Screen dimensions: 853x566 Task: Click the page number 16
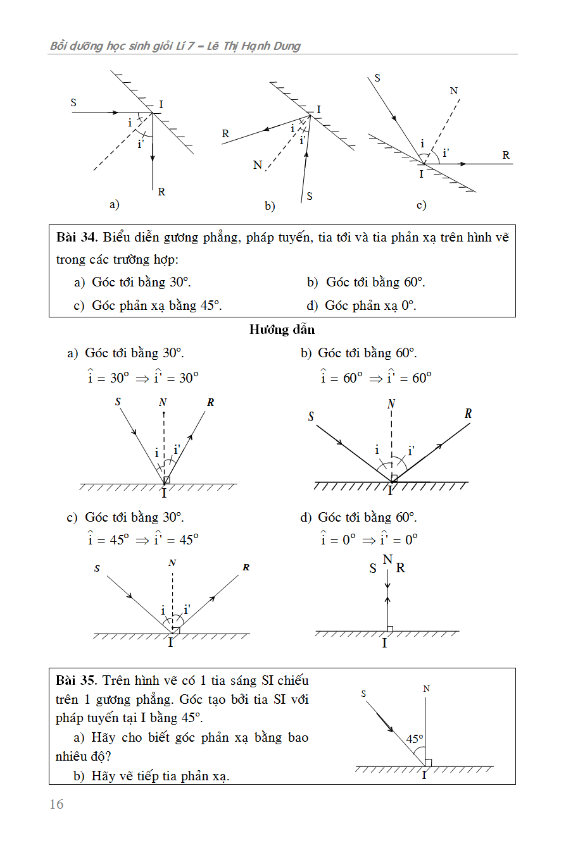click(x=56, y=804)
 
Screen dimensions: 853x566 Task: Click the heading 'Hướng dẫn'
click(x=282, y=329)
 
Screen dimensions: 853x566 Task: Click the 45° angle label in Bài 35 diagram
click(x=415, y=739)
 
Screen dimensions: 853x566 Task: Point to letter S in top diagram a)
click(x=74, y=102)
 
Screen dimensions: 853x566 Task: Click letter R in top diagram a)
click(x=161, y=192)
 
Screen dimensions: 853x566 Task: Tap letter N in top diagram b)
click(x=257, y=165)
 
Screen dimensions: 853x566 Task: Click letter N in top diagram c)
click(x=454, y=91)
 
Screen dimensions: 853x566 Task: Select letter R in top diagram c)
click(x=506, y=155)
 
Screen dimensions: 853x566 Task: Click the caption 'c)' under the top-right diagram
click(x=421, y=204)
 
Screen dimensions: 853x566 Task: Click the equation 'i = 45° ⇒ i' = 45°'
click(x=143, y=539)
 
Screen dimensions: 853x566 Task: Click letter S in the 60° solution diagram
click(x=311, y=417)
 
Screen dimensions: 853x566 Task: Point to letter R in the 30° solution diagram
click(x=211, y=402)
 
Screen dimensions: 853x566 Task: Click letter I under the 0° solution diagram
click(x=384, y=644)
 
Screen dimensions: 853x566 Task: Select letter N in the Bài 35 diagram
click(x=426, y=689)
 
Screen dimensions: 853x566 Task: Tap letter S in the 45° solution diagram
click(x=97, y=568)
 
